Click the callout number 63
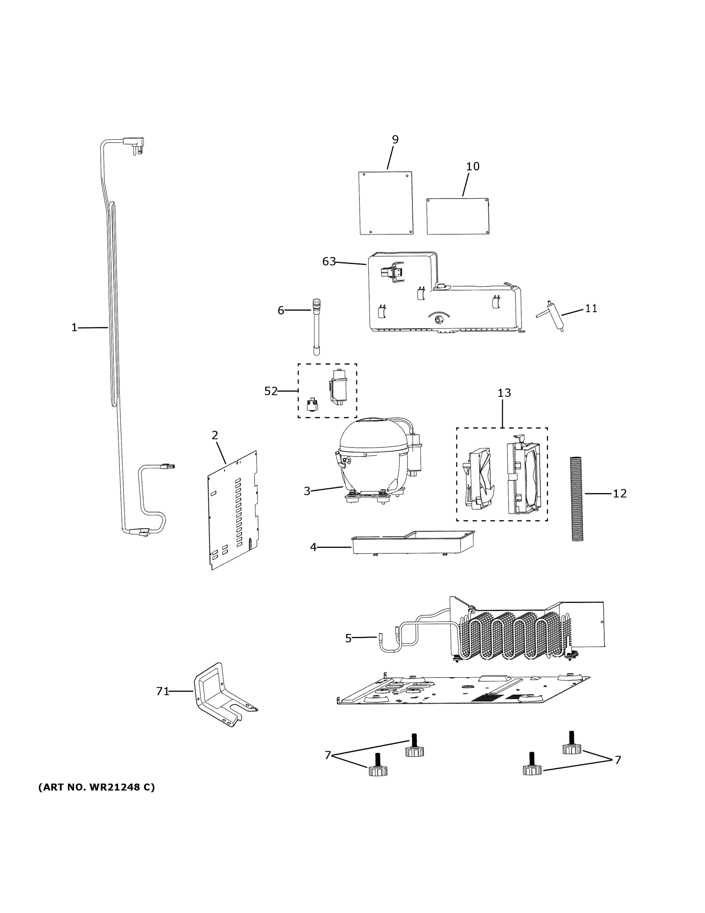[x=329, y=261]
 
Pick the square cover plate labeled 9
[x=386, y=202]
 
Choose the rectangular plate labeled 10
[x=457, y=216]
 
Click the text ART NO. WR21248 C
[x=97, y=787]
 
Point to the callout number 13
[x=504, y=393]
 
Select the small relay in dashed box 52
[x=312, y=405]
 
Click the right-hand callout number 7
[x=617, y=760]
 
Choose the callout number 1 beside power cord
[x=74, y=327]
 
